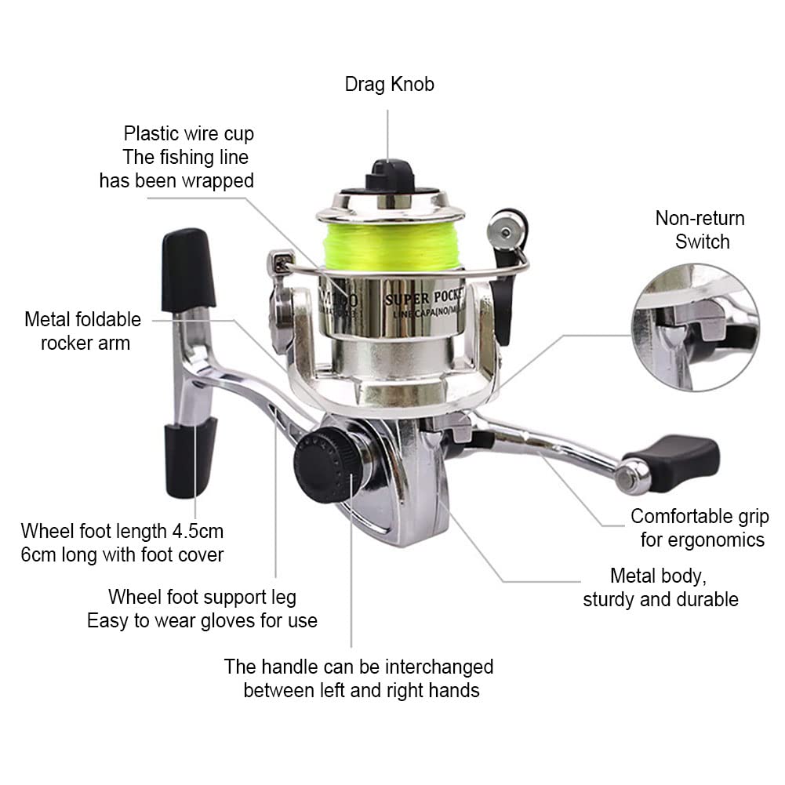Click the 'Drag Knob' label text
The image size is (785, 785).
click(389, 85)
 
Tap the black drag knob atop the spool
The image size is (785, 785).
click(389, 174)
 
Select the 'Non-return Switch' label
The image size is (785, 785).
click(700, 230)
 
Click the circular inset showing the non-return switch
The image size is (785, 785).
click(694, 327)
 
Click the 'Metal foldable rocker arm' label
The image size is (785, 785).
click(83, 331)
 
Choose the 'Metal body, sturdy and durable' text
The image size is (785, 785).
click(660, 587)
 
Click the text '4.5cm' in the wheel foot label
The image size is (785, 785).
click(197, 531)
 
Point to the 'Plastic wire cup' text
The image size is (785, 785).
click(188, 133)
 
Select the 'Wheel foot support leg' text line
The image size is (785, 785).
click(202, 597)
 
